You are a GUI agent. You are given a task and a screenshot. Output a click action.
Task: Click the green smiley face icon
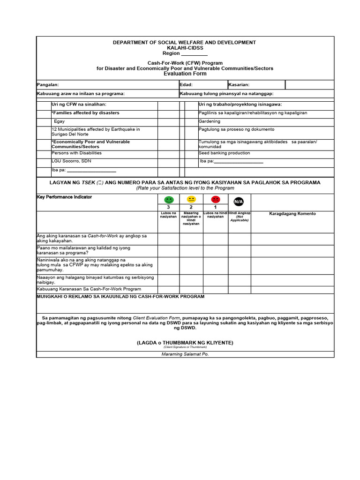coord(169,200)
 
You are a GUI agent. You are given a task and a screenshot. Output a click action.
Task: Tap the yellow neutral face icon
coord(191,200)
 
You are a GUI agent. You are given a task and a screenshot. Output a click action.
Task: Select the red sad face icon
coord(215,200)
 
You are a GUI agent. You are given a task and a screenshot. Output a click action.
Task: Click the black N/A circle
coord(239,202)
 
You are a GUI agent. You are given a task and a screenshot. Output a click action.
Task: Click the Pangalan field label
coord(48,85)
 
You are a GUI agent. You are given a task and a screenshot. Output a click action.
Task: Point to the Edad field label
coord(186,85)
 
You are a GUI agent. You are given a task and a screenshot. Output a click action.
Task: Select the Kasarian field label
coord(239,85)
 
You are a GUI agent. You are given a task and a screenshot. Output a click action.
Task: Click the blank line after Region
coord(194,53)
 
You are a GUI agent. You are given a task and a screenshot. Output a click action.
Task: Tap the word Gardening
coord(209,121)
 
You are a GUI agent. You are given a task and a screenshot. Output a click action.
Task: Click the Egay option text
coord(60,121)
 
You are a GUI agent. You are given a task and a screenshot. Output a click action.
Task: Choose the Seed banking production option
coord(224,153)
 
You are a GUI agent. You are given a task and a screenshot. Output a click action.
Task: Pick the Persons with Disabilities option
coord(76,153)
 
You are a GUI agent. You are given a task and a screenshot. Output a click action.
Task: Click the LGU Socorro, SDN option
coord(71,161)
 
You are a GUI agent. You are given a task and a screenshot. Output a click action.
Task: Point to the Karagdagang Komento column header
coord(292,214)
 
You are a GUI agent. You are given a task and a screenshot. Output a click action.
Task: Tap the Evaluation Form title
coord(185,74)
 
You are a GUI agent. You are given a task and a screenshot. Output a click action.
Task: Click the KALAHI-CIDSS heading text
coord(185,48)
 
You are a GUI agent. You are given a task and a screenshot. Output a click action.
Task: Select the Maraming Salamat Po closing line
coord(185,354)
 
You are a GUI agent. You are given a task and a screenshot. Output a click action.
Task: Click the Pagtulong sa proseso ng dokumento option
coord(236,129)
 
